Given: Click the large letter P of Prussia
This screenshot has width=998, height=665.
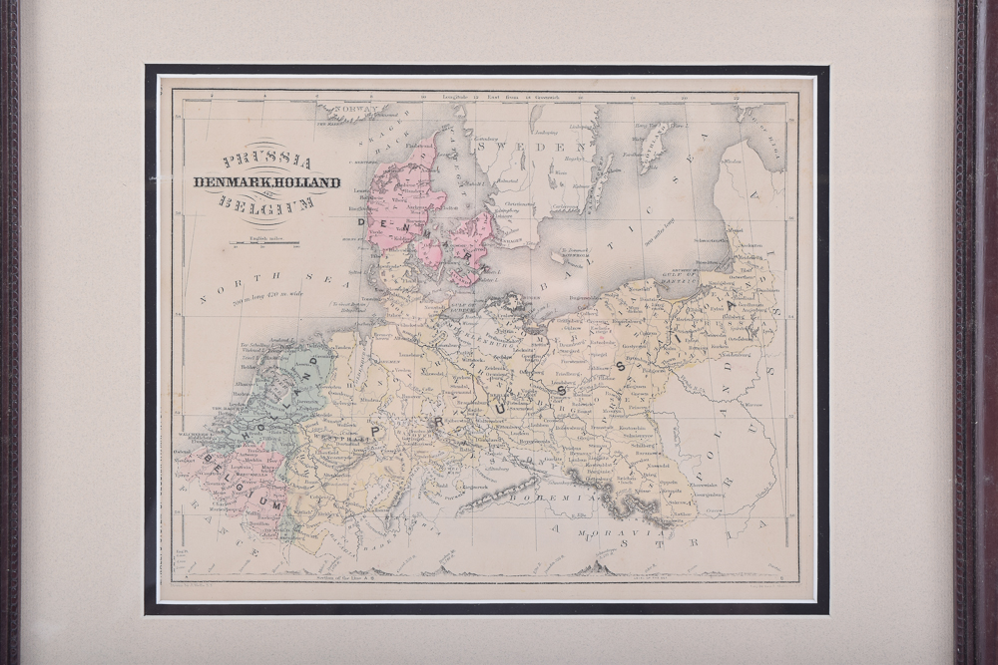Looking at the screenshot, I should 378,431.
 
